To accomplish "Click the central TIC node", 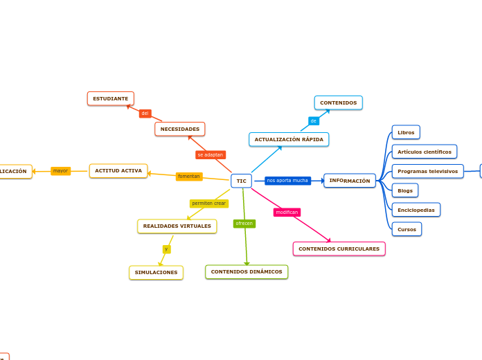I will click(241, 181).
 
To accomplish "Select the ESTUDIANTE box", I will click(111, 98).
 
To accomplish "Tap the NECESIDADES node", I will click(180, 129).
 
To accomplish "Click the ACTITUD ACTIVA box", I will click(118, 170).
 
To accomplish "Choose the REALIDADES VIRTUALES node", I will click(177, 226).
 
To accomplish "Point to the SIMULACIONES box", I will click(156, 272).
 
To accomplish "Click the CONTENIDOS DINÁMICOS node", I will click(247, 271).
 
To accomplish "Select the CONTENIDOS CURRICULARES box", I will click(339, 249).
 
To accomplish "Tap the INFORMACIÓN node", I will click(350, 181).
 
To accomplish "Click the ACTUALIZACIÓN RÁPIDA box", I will click(289, 139).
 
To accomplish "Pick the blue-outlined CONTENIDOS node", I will click(339, 102).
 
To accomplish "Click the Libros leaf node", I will click(406, 132).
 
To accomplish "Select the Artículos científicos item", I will click(425, 152).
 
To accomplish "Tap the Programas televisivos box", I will click(427, 171).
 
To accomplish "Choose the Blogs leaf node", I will click(405, 190).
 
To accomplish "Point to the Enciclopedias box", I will click(416, 210).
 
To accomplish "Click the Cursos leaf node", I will click(407, 229).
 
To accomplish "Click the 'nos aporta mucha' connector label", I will click(287, 181).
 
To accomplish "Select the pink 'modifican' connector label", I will click(287, 213).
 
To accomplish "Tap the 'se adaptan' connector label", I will click(211, 155).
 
